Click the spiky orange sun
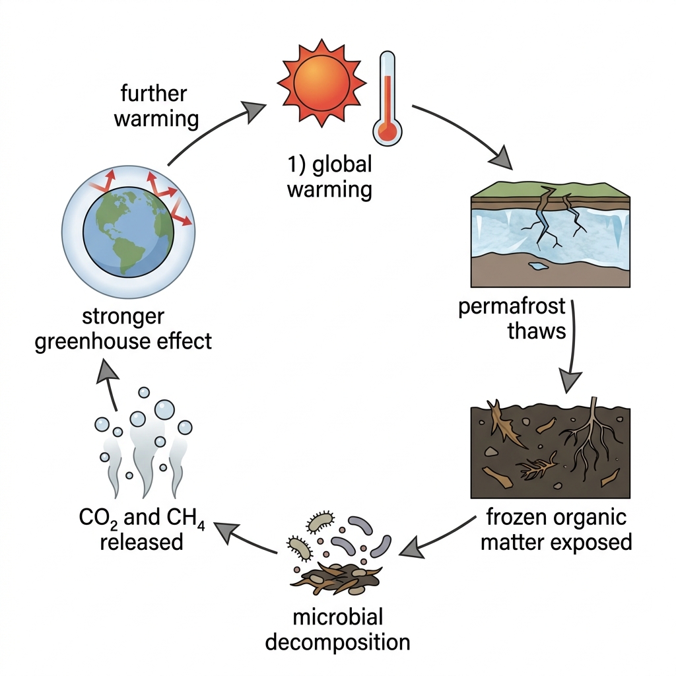click(x=321, y=83)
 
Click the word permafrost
click(x=512, y=306)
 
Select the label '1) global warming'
click(x=330, y=177)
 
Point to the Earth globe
click(x=129, y=232)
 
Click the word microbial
click(x=337, y=617)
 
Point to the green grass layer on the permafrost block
click(x=551, y=189)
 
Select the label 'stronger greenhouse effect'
click(x=123, y=329)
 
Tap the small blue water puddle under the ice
click(x=538, y=266)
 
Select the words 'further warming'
click(x=156, y=106)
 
